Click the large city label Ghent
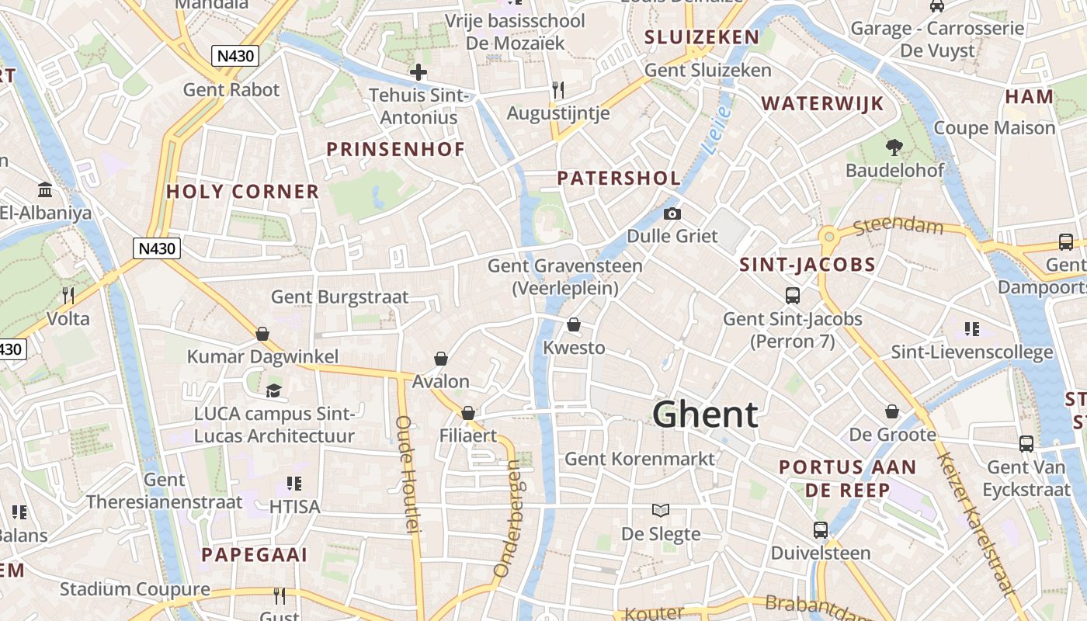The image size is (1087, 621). click(x=705, y=415)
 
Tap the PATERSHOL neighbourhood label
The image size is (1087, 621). click(x=619, y=179)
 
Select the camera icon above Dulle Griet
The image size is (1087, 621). click(x=672, y=213)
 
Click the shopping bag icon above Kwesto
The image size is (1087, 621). click(x=574, y=324)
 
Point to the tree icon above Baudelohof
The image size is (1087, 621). click(x=894, y=147)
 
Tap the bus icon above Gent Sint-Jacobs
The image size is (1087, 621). click(x=792, y=296)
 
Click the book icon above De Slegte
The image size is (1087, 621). click(x=661, y=510)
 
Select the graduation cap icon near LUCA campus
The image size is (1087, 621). click(x=273, y=390)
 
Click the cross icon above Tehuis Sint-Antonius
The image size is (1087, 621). click(x=418, y=73)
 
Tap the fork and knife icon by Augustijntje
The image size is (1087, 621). click(x=557, y=89)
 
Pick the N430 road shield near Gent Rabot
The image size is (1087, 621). click(x=234, y=56)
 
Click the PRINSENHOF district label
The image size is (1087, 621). click(x=395, y=149)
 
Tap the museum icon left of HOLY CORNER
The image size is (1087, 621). click(x=45, y=190)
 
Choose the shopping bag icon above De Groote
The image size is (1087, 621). click(x=892, y=411)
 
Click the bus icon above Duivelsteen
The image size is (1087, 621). click(x=821, y=530)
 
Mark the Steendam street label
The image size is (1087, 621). click(x=898, y=227)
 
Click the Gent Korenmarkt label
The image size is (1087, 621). click(x=639, y=459)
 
